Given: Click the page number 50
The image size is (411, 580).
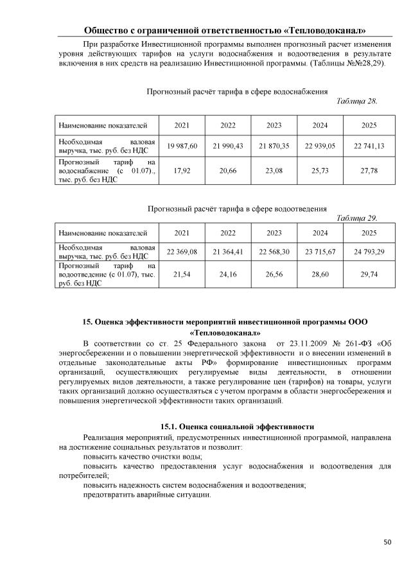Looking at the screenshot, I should click(x=387, y=542).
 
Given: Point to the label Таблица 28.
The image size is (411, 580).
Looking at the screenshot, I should click(x=357, y=101).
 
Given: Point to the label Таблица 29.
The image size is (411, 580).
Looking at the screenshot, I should click(x=357, y=217).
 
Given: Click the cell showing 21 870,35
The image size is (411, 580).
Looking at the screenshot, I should click(x=275, y=146).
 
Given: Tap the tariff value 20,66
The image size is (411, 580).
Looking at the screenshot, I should click(x=229, y=172).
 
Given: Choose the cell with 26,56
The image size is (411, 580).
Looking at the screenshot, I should click(x=275, y=274).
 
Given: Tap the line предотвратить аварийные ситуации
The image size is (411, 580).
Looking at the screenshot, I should click(x=146, y=495).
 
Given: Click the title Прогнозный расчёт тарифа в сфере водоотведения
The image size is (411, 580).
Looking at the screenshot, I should click(x=237, y=209).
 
